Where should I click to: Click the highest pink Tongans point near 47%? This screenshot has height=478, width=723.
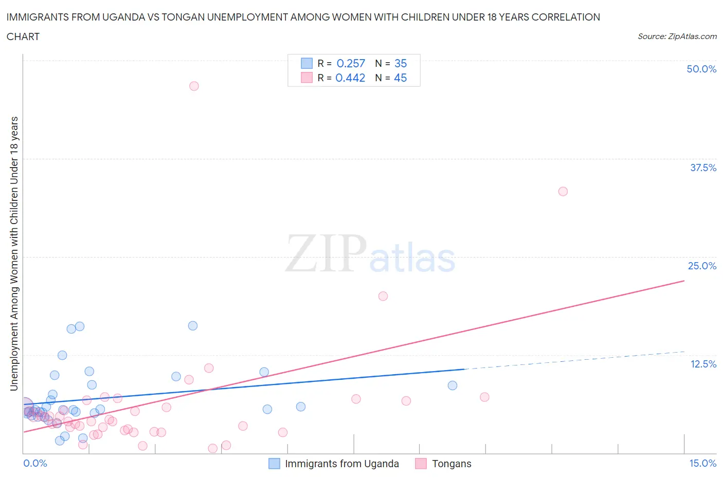[x=194, y=86]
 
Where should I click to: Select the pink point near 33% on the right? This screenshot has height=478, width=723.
[x=563, y=191]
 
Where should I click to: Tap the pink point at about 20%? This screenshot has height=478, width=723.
[x=383, y=296]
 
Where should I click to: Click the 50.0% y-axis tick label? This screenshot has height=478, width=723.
[x=701, y=69]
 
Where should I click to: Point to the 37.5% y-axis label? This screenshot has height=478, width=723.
[x=703, y=168]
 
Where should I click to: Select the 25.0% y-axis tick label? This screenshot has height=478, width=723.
[x=702, y=266]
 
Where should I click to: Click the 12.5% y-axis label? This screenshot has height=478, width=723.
[x=703, y=364]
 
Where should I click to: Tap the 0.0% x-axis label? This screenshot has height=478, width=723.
[x=35, y=463]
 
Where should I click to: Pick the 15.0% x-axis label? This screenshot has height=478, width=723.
[x=702, y=463]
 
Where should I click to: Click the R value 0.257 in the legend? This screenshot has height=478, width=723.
[x=351, y=63]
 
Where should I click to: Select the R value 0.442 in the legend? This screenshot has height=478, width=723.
[x=350, y=78]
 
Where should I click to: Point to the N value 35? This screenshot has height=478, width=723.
[x=401, y=63]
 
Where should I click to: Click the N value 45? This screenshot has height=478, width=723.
[x=400, y=78]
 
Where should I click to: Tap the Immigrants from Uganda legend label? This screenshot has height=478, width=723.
[x=341, y=464]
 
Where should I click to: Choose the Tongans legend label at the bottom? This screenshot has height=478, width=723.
[x=451, y=464]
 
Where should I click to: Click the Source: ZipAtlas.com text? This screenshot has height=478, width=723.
[x=677, y=36]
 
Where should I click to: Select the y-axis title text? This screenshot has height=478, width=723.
[x=14, y=253]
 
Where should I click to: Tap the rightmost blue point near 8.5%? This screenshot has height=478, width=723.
[x=452, y=385]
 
